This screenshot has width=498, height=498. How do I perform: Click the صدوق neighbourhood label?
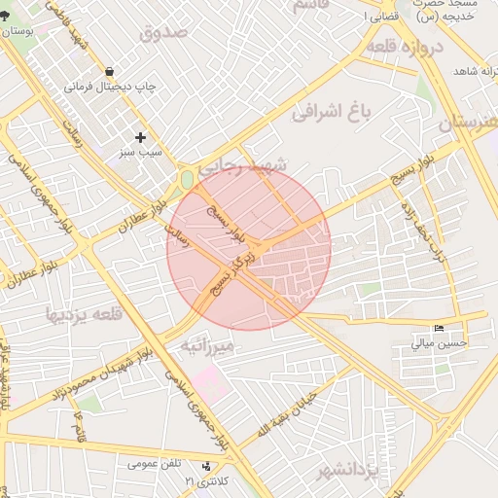pyautogui.click(x=162, y=32)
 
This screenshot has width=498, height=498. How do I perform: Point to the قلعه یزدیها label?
pyautogui.click(x=84, y=314)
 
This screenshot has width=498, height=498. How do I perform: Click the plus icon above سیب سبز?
pyautogui.click(x=141, y=137)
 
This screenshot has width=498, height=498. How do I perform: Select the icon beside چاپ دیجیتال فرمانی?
pyautogui.click(x=110, y=71)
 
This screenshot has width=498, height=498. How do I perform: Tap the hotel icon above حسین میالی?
pyautogui.click(x=441, y=328)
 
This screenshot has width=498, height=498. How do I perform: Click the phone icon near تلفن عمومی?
pyautogui.click(x=205, y=466)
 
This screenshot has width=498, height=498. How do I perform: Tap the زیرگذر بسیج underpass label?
pyautogui.click(x=233, y=271)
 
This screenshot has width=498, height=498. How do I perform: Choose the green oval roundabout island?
pyautogui.click(x=187, y=180)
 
